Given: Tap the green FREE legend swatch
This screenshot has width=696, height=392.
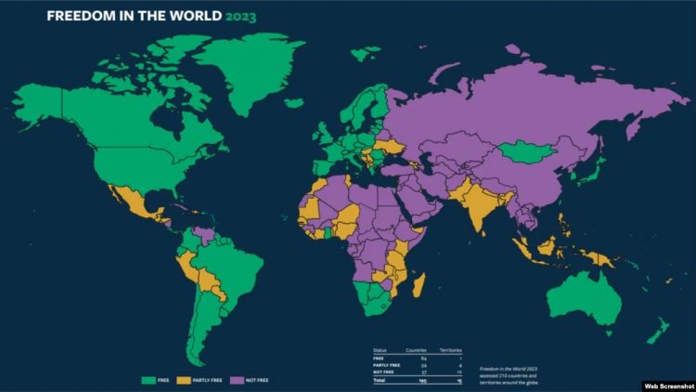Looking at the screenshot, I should point(148,379).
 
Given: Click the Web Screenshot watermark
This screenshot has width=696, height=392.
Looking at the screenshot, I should point(666,384).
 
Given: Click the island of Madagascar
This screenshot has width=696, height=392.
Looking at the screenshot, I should point(419,282).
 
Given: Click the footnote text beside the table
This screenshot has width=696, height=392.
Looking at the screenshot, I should point(509,373).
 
